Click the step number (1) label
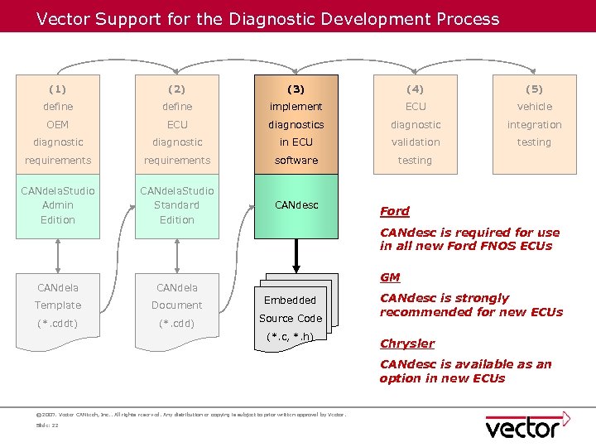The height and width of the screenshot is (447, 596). [x=58, y=89]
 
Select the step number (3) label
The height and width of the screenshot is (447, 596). [x=296, y=89]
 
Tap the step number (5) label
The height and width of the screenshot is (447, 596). [x=534, y=89]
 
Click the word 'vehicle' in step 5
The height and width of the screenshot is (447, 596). [x=534, y=107]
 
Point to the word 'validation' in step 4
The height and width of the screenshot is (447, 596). [x=416, y=142]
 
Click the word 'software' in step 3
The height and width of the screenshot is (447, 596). [x=296, y=161]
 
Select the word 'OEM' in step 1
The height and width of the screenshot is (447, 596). [x=58, y=125]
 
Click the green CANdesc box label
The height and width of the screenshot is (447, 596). [x=296, y=205]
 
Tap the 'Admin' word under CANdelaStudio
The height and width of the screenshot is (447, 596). [x=58, y=205]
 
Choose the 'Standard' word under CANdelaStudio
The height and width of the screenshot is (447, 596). [x=177, y=205]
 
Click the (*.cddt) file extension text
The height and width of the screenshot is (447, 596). [x=58, y=323]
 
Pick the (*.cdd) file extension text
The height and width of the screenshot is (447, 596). [x=177, y=323]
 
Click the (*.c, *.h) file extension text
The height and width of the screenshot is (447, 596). [x=290, y=336]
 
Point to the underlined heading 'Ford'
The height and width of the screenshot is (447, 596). [x=394, y=211]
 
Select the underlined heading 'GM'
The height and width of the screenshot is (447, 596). [x=389, y=277]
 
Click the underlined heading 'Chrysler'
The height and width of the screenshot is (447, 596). [x=406, y=344]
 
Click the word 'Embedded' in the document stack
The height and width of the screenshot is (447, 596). [x=290, y=300]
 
